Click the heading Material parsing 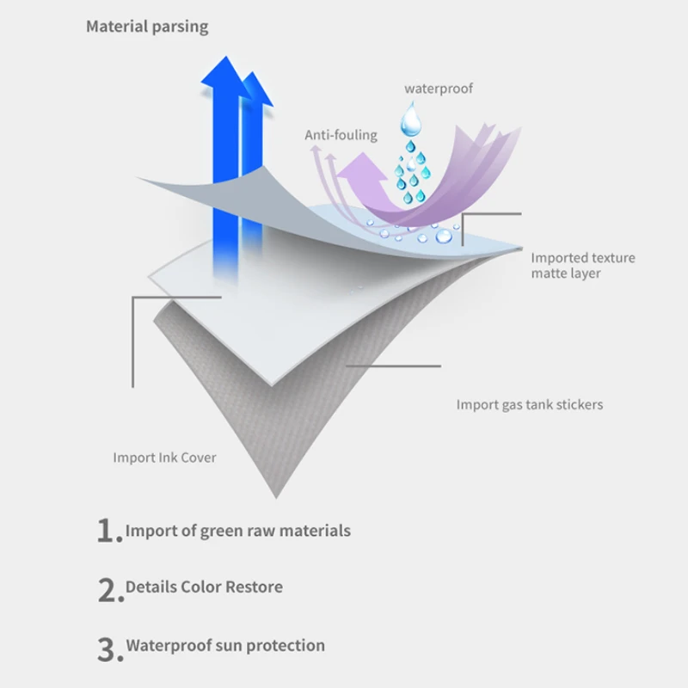(x=146, y=27)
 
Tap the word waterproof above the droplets (x=439, y=89)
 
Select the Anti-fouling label (x=341, y=135)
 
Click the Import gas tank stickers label (x=529, y=404)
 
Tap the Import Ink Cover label (x=164, y=458)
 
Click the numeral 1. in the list (x=108, y=531)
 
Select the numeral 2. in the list (x=108, y=589)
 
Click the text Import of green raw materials (x=238, y=531)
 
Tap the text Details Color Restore (x=204, y=587)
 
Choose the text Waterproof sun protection (x=225, y=645)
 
